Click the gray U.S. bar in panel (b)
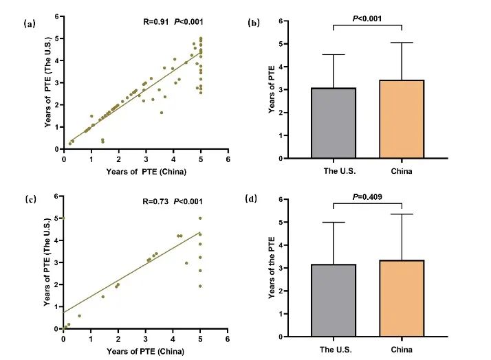click(x=334, y=123)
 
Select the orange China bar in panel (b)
click(x=402, y=119)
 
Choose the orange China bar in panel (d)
click(x=402, y=298)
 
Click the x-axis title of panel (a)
click(x=146, y=171)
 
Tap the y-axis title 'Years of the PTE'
click(x=273, y=267)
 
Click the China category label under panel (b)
click(x=402, y=171)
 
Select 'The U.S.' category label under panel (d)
click(x=334, y=349)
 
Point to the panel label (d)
click(x=253, y=200)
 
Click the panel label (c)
click(x=30, y=199)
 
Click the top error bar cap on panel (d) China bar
click(x=402, y=214)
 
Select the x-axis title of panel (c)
click(x=146, y=352)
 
